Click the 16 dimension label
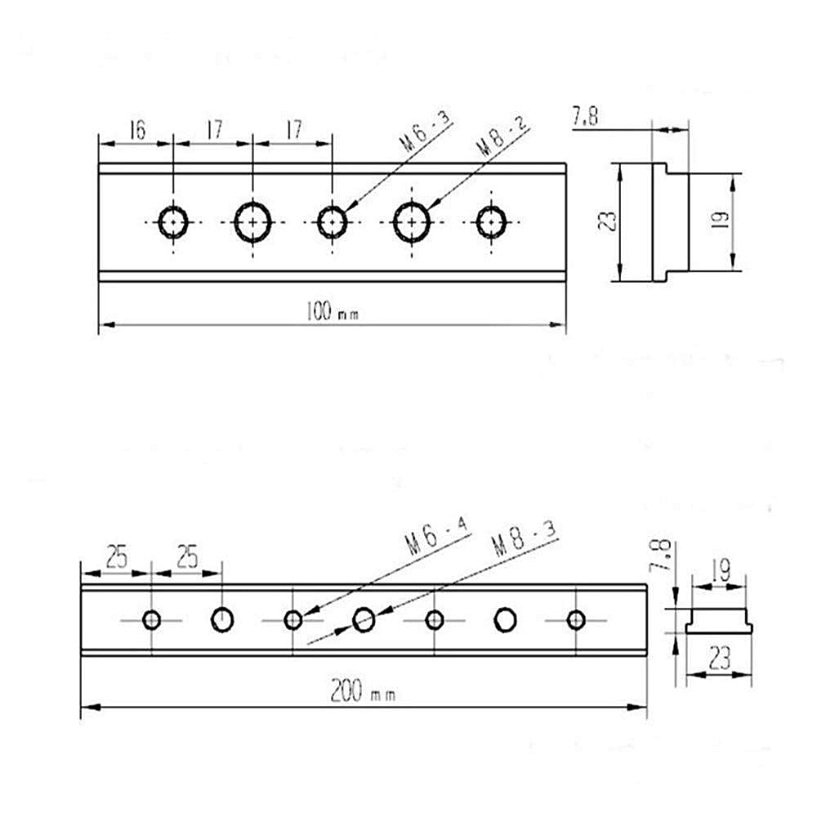136,130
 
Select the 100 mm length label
332,311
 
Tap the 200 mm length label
363,694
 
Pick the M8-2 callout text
503,135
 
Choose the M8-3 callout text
524,543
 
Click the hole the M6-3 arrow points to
332,221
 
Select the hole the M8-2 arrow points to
412,221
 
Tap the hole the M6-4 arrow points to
293,620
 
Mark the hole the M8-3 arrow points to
364,621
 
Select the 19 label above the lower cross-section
720,569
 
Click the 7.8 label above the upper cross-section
585,118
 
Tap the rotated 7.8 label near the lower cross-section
662,556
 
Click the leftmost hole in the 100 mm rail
173,221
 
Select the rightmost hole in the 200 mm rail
576,620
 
